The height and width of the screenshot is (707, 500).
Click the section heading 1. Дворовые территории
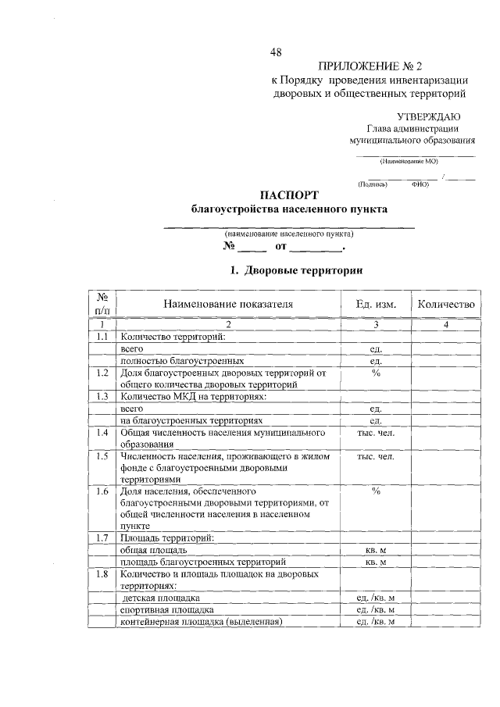(x=295, y=271)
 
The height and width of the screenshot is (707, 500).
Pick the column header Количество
(x=445, y=305)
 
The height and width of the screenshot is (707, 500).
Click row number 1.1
(x=102, y=337)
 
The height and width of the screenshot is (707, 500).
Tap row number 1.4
(x=102, y=432)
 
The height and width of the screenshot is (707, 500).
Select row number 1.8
(x=102, y=573)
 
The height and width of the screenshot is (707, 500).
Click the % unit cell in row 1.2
(x=376, y=373)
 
